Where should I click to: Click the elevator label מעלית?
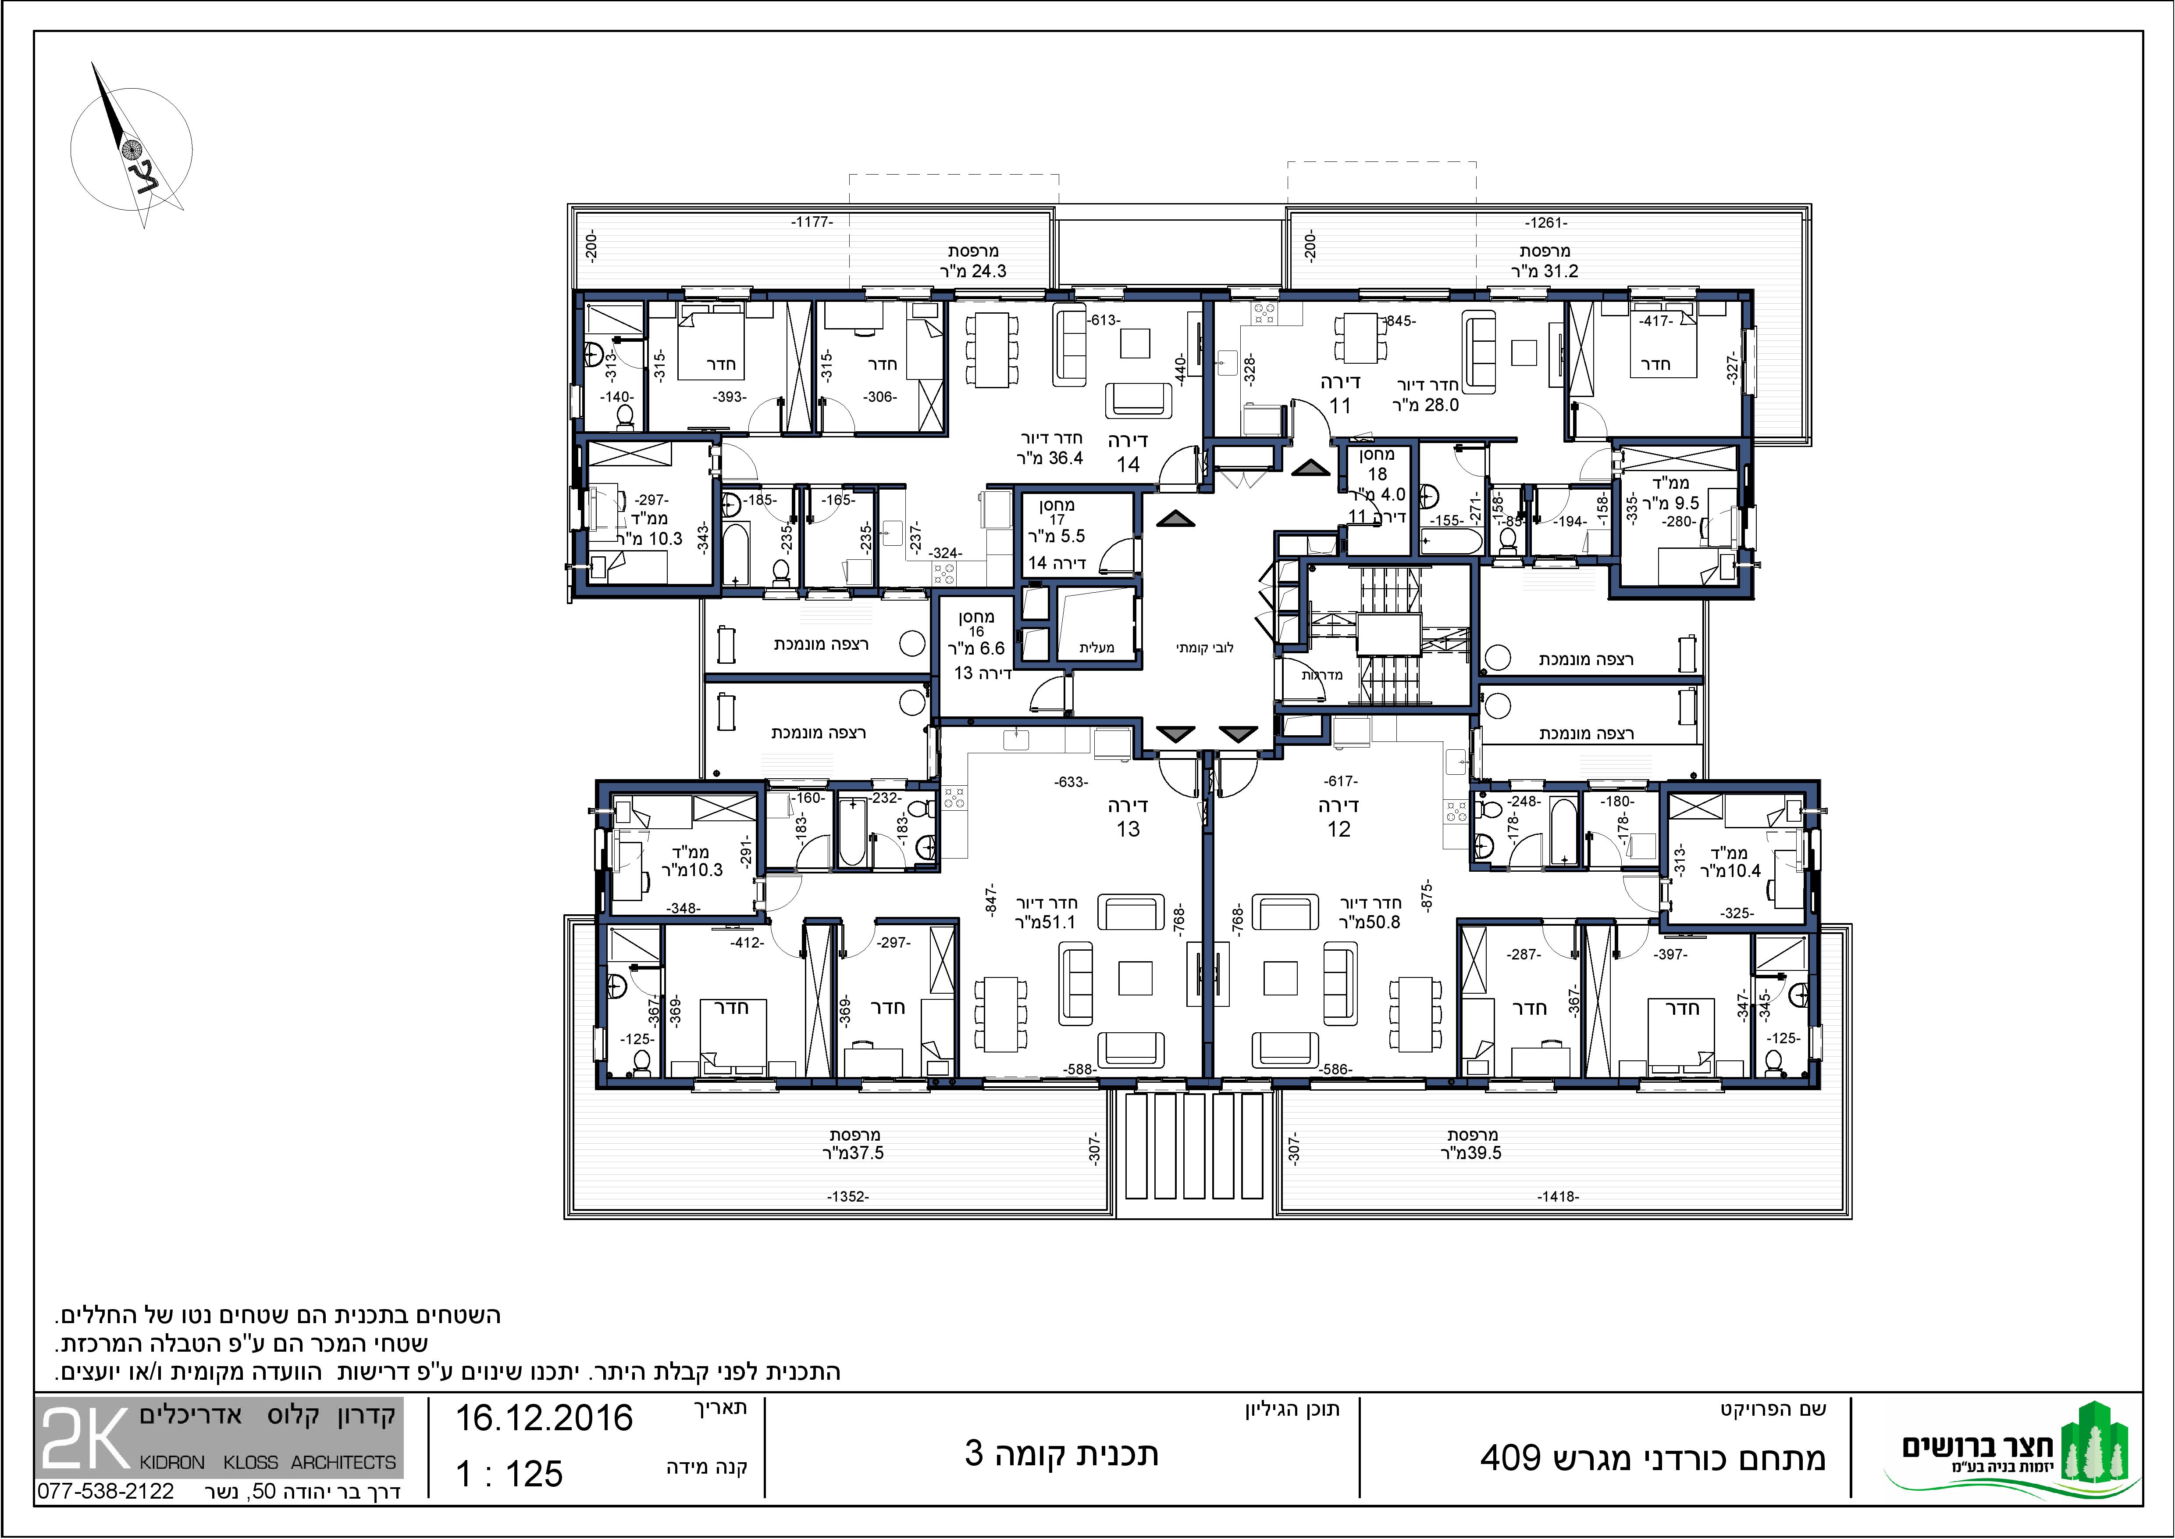tap(1097, 648)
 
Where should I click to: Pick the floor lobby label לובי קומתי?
tap(1205, 648)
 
